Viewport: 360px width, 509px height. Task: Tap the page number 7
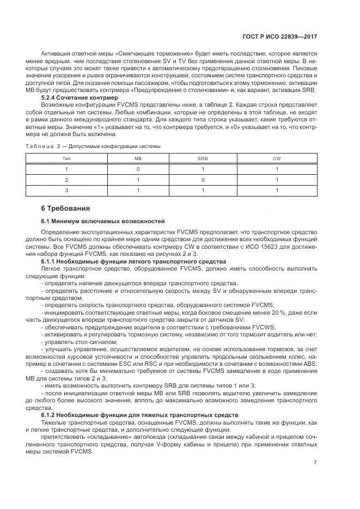315,463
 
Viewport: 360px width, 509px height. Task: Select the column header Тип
66,158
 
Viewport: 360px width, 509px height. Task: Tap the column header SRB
202,158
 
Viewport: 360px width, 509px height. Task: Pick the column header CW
277,158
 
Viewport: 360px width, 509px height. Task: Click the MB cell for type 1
138,169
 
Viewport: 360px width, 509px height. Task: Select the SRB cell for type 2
202,179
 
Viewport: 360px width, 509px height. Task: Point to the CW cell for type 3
277,190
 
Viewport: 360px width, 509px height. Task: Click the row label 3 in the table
66,190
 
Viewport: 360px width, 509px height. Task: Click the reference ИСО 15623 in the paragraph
222,248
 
